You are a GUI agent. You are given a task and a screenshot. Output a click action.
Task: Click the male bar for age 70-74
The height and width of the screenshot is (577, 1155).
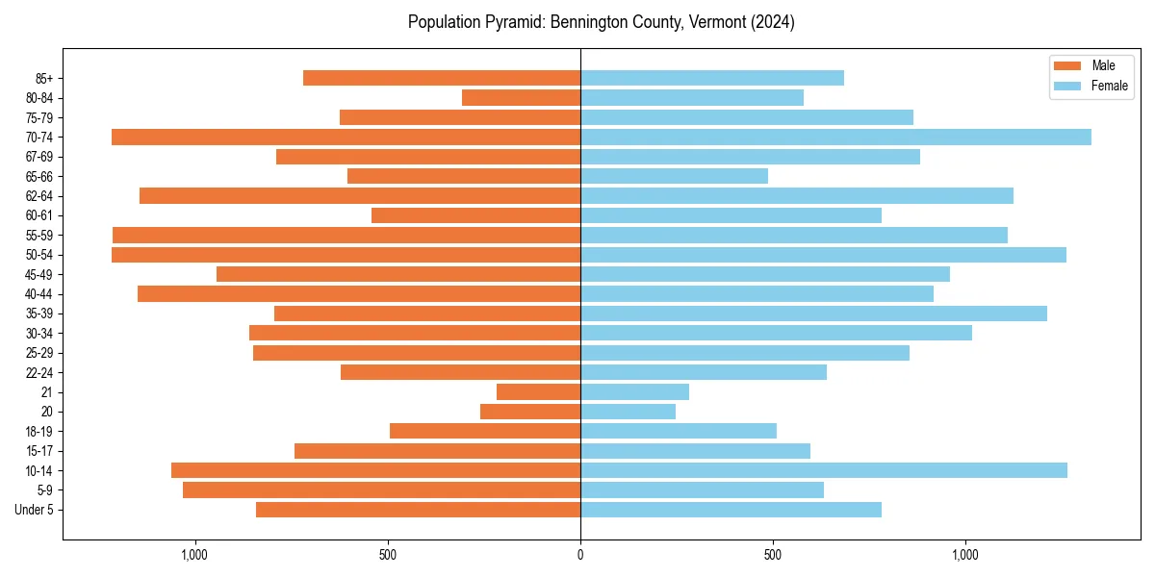tap(346, 137)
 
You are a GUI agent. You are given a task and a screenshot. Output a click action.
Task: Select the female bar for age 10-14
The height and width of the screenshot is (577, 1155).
tap(823, 470)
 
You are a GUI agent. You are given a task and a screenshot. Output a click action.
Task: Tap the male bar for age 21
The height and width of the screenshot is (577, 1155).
tap(539, 391)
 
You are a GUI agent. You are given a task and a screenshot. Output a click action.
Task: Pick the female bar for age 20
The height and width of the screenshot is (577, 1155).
tap(628, 412)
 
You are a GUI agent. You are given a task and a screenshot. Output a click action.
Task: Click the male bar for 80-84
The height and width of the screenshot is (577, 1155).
tap(521, 97)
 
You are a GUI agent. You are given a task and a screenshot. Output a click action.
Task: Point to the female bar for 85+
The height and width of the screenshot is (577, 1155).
tap(712, 78)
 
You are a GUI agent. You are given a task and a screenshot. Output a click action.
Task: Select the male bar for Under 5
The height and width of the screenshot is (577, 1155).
tap(419, 510)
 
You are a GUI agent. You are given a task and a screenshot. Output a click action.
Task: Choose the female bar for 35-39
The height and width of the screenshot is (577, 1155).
tap(813, 314)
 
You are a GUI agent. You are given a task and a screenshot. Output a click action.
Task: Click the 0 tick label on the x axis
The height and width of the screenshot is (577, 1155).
tap(580, 555)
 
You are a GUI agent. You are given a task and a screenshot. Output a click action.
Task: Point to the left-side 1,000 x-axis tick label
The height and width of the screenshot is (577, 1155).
tap(194, 555)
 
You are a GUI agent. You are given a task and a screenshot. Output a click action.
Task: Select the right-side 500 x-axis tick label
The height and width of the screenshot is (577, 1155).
tap(772, 555)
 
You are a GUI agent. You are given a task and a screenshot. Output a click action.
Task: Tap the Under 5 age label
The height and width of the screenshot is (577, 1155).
tap(34, 510)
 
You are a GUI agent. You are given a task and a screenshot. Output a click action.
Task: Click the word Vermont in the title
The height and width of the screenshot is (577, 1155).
tap(709, 21)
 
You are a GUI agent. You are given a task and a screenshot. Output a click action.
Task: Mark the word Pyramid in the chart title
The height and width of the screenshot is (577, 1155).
tap(515, 21)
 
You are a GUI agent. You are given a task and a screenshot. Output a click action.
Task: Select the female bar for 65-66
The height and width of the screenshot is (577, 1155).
tap(674, 176)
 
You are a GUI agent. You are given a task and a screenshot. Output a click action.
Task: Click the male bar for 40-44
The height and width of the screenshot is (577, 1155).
tap(359, 293)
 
